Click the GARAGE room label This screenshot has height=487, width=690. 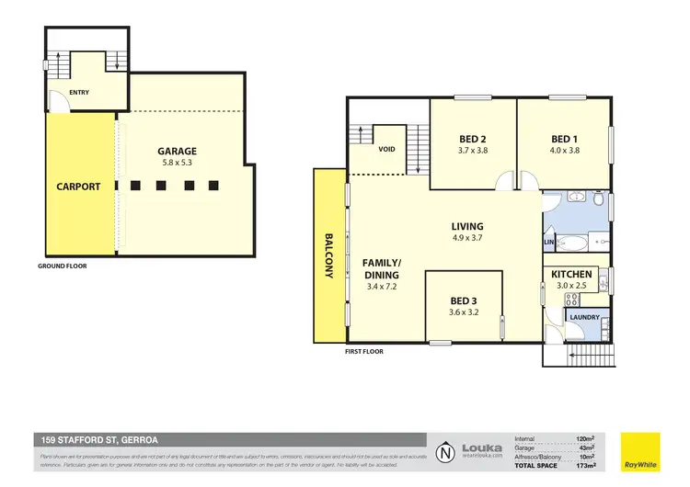coord(176,151)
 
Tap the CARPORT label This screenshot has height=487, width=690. coord(78,187)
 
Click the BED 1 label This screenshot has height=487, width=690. coord(563,140)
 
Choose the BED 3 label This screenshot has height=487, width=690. coord(464,299)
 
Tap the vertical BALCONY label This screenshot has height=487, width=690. coord(329,253)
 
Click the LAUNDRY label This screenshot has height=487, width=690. coord(585,318)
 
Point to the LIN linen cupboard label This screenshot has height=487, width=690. coord(548,243)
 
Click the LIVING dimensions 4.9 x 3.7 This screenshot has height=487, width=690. coord(466,239)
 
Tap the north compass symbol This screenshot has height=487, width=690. coord(445,452)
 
